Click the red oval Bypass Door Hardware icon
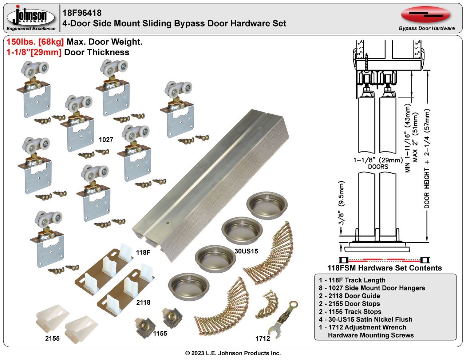426,15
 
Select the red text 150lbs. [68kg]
35,42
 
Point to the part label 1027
106,139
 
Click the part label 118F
143,252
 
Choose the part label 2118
143,302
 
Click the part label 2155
52,339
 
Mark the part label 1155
160,333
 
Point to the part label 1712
262,339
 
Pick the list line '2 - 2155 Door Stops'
349,304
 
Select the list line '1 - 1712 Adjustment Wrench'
362,327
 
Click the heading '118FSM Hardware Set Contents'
384,268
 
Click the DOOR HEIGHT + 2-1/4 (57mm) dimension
427,159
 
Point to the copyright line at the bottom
233,353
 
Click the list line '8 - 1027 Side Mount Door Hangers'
372,288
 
